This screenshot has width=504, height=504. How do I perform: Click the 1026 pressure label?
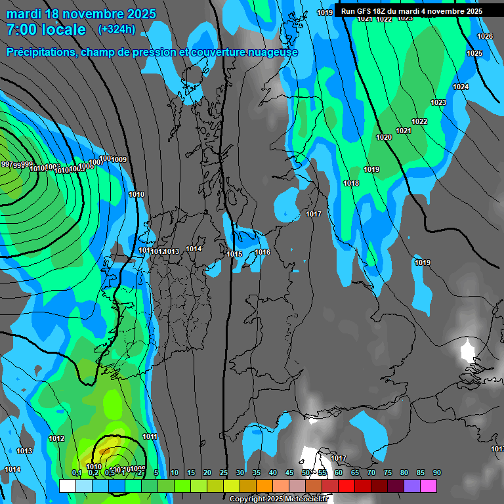(485, 36)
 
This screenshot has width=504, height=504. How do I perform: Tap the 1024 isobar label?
(461, 87)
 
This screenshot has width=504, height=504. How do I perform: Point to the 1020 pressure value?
(384, 137)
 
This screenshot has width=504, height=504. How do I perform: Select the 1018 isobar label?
(351, 183)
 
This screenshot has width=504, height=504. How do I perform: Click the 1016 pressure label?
(262, 253)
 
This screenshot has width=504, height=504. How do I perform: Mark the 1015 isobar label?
(234, 254)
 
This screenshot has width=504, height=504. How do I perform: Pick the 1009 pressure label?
(119, 159)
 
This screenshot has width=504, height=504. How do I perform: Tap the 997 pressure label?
(7, 164)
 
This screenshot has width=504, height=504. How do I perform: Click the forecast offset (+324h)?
(117, 30)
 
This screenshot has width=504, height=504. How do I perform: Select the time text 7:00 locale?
(46, 30)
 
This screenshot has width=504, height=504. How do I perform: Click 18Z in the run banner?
(381, 11)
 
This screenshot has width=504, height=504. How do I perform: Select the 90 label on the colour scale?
(437, 472)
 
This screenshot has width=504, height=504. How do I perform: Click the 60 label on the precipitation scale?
(339, 472)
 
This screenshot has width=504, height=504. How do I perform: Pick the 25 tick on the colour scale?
(224, 472)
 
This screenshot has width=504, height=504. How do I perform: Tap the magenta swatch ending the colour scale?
(429, 486)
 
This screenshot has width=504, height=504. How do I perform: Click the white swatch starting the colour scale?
(68, 486)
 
